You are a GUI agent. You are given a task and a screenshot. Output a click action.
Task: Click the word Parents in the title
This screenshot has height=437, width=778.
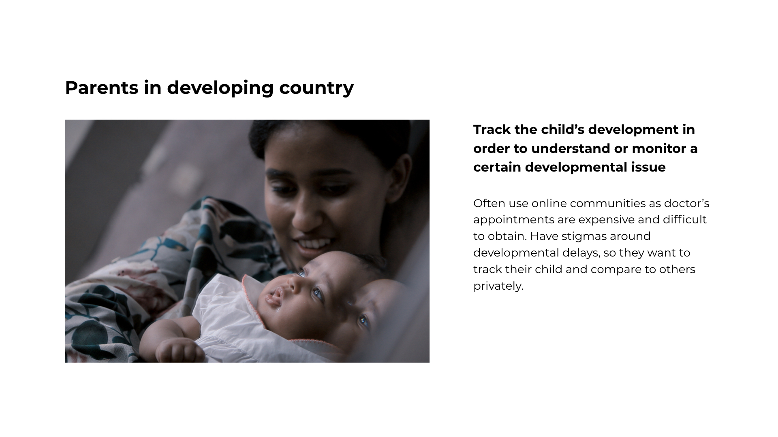pos(102,87)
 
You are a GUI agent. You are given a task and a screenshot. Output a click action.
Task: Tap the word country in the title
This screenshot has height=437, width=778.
pos(316,88)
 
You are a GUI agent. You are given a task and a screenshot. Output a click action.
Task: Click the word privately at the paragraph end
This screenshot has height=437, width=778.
pos(498,286)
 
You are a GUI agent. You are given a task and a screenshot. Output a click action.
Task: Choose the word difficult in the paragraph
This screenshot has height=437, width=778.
pos(685,220)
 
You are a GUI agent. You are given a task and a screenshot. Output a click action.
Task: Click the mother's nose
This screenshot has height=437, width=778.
pos(305,216)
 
